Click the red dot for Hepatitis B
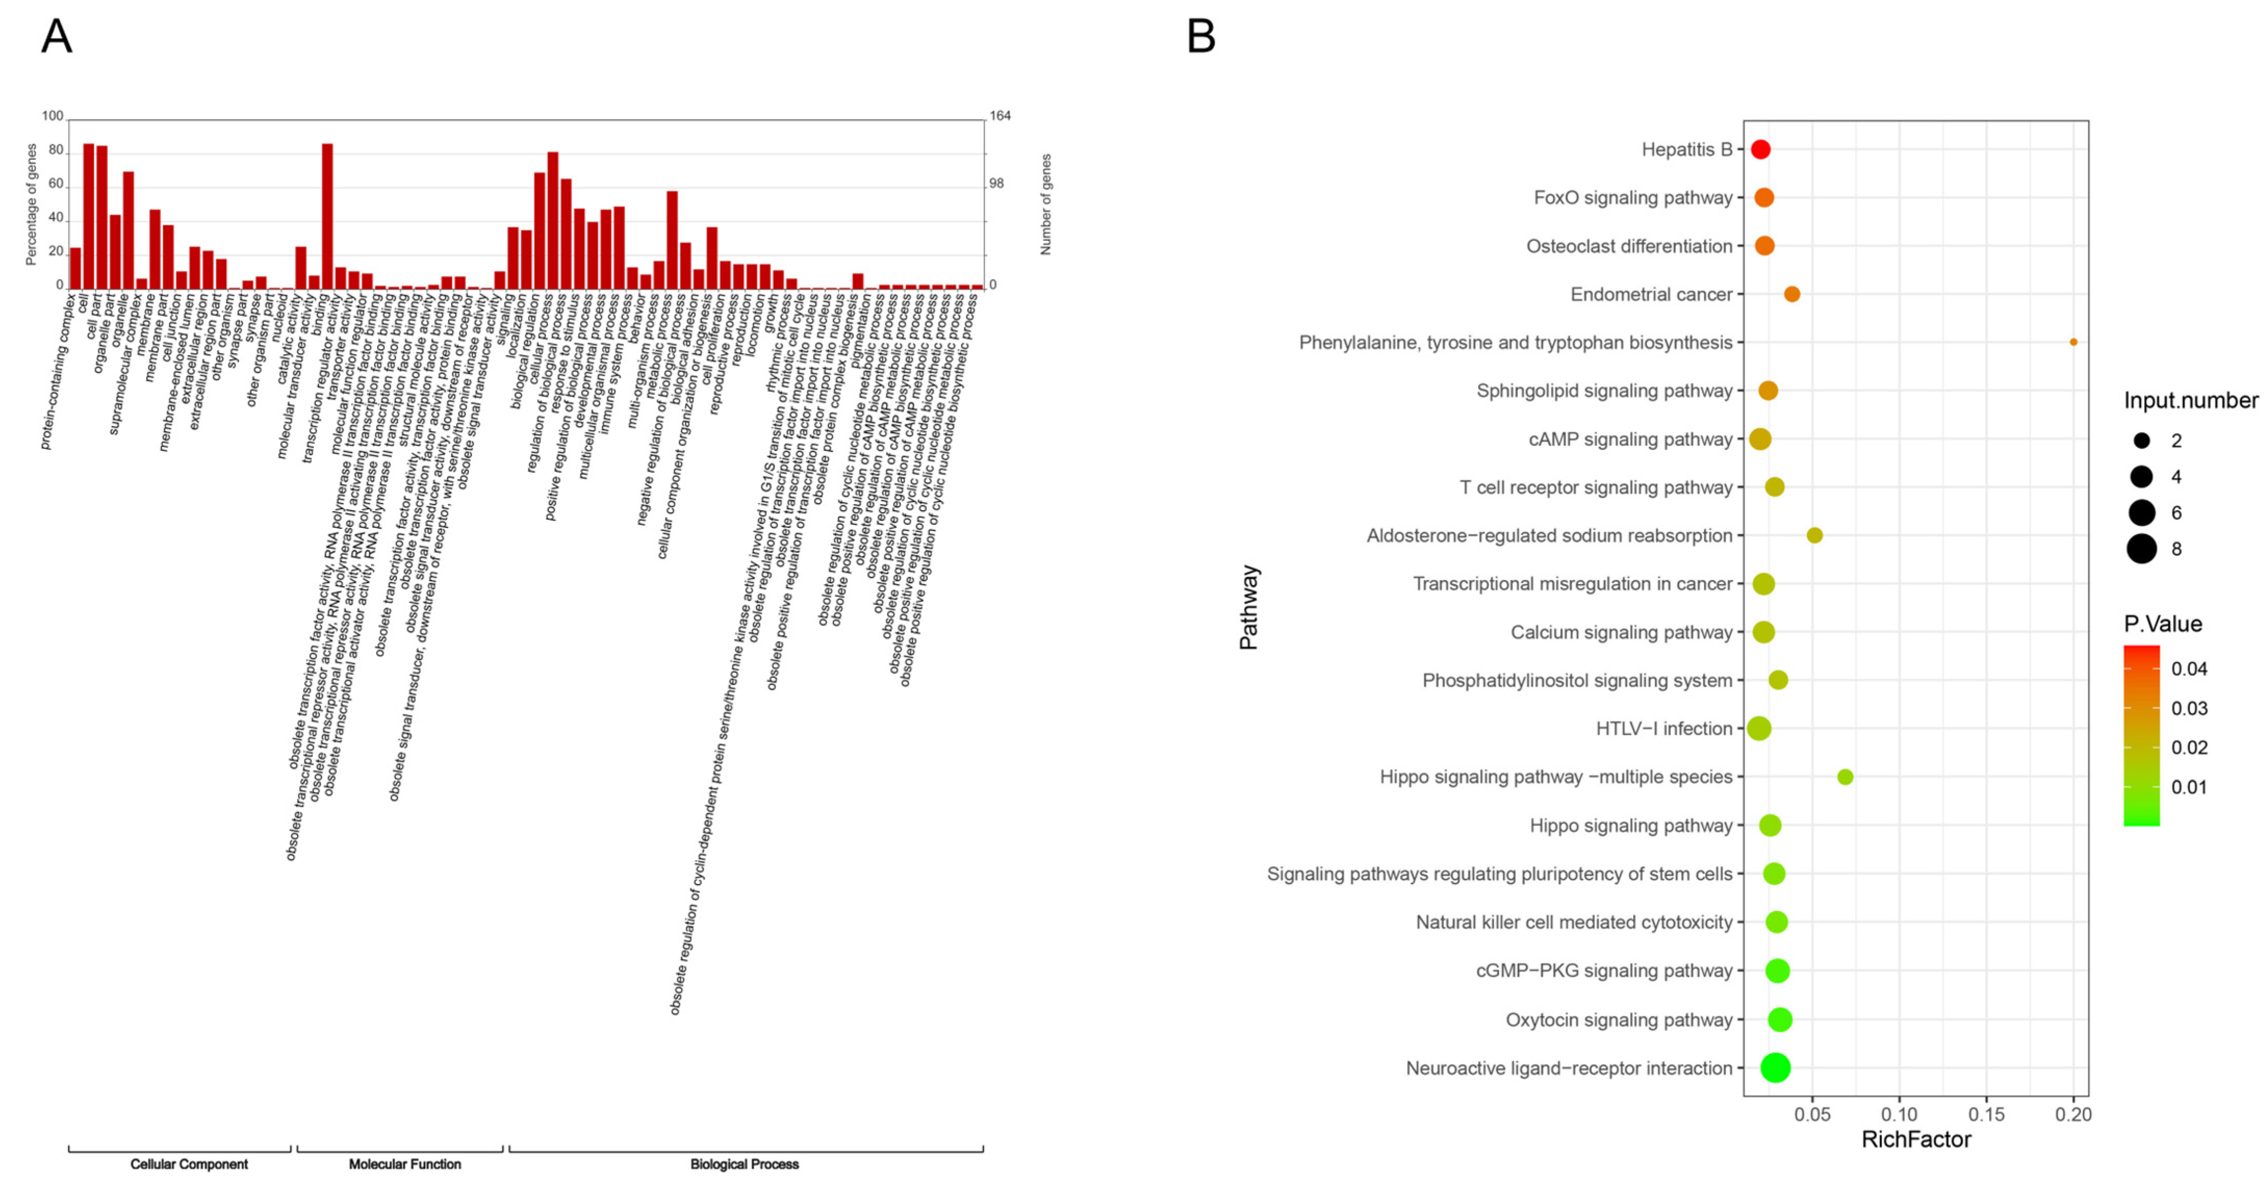[1760, 150]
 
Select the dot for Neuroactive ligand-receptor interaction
[1775, 1068]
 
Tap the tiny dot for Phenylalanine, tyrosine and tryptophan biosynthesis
[2073, 342]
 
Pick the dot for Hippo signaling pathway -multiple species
[1846, 777]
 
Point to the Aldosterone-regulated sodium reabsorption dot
[1814, 536]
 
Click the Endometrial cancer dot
[1792, 294]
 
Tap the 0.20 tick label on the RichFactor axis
[2073, 1114]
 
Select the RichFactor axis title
[1916, 1140]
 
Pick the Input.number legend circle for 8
[2142, 549]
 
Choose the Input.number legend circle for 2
[2142, 440]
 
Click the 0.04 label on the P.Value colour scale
[2189, 669]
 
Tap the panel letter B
[1201, 37]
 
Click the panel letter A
[56, 37]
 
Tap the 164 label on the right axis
[1000, 116]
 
